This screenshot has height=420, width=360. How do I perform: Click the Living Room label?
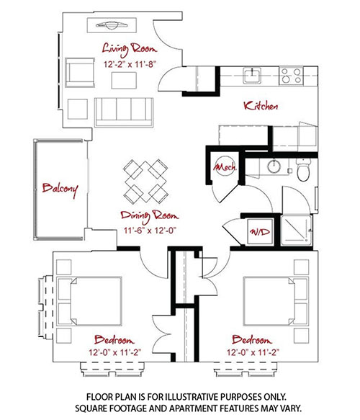click(x=130, y=50)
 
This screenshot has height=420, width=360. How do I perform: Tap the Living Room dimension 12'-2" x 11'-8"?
click(x=130, y=64)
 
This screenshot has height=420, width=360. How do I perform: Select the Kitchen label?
click(x=261, y=106)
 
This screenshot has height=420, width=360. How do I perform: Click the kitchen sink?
click(x=252, y=76)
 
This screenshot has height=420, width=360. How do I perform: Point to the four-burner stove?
click(x=291, y=76)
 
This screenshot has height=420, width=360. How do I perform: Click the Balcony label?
click(x=60, y=189)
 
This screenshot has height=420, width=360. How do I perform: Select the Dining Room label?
click(x=149, y=216)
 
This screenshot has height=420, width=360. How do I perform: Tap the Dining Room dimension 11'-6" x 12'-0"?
click(x=150, y=230)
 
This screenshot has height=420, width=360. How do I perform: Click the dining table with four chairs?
click(x=145, y=182)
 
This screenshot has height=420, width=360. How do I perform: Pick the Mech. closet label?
click(x=225, y=167)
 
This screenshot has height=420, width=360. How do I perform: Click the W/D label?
click(x=260, y=232)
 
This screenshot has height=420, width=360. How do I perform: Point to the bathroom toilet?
click(x=303, y=169)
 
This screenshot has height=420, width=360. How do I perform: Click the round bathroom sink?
click(x=274, y=166)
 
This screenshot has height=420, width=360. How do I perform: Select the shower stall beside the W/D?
click(x=297, y=231)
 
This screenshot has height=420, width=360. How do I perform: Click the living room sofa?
click(x=124, y=112)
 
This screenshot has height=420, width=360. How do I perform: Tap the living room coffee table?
click(x=124, y=81)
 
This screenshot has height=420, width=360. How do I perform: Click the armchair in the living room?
click(x=80, y=72)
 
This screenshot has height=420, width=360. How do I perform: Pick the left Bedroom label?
click(x=114, y=340)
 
